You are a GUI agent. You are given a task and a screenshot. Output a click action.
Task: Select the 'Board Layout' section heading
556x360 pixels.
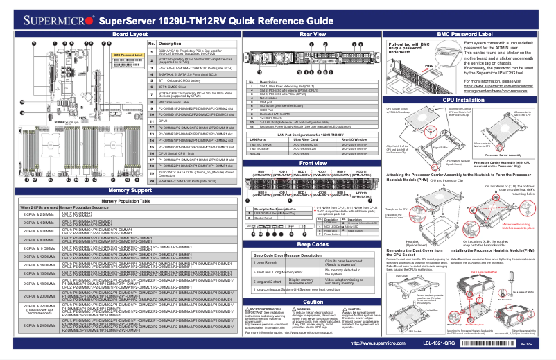(x=129, y=33)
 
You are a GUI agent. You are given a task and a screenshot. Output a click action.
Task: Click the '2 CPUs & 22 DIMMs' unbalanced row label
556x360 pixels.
(x=34, y=308)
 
